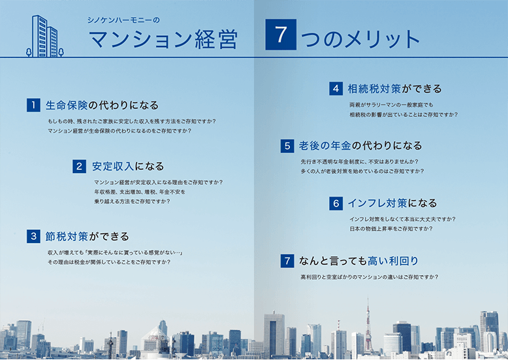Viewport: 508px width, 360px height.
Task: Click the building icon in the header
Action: [44, 36]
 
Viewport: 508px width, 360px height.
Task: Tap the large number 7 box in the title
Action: [281, 35]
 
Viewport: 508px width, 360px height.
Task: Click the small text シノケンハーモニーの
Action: [123, 20]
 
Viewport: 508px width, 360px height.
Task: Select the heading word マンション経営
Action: [163, 39]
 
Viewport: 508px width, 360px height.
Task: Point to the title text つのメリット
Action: [360, 39]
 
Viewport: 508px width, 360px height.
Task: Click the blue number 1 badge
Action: [33, 105]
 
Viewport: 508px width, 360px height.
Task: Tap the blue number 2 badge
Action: [80, 167]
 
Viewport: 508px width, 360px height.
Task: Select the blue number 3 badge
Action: [33, 236]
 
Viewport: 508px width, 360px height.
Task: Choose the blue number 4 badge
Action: [336, 89]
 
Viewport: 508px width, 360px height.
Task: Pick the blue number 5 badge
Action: [287, 146]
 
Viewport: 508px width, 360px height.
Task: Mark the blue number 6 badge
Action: [336, 203]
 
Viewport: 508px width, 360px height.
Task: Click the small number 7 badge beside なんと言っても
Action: [287, 261]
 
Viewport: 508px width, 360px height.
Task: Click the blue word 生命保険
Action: [67, 105]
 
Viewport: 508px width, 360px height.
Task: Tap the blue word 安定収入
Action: [113, 167]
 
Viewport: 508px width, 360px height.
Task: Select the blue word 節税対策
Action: [67, 237]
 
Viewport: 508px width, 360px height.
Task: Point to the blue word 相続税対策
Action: [374, 89]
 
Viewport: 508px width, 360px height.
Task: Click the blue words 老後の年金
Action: [325, 146]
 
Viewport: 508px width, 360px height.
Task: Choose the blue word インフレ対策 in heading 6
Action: [377, 203]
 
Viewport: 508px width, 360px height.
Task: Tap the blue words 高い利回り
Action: [393, 261]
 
